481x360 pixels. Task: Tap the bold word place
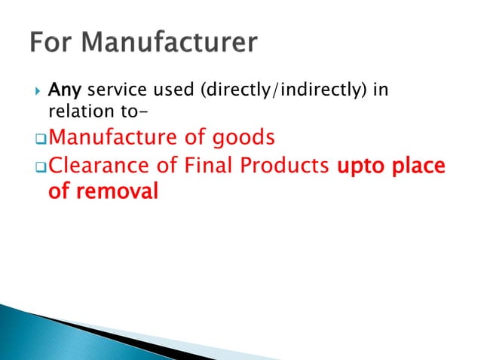pos(421,166)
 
